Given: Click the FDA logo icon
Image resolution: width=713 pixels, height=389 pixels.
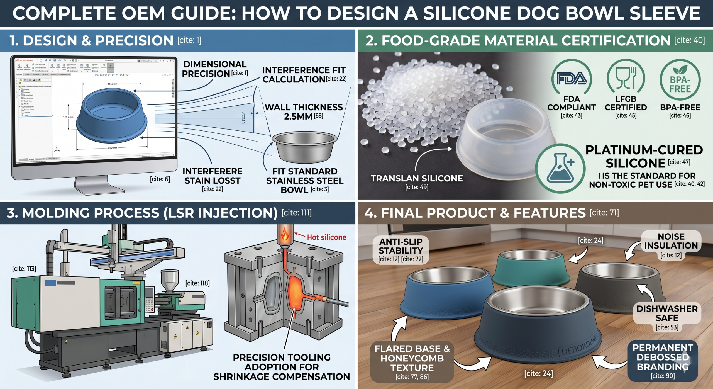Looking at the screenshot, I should click(x=572, y=78).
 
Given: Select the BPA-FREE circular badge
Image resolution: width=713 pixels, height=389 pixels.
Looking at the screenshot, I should click(x=680, y=80).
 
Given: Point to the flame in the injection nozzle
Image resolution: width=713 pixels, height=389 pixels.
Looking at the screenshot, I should click(x=285, y=234).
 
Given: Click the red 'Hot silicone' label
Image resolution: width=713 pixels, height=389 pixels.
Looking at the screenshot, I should click(x=326, y=237).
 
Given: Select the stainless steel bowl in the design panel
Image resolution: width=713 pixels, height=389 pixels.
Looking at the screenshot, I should click(x=304, y=146).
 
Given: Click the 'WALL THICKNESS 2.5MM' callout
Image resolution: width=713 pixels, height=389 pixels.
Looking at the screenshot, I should click(x=304, y=111).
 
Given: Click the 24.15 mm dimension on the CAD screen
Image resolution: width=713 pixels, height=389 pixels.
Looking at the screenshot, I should click(x=112, y=84).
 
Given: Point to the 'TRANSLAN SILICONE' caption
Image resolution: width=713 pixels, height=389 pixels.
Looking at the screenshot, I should click(x=417, y=178).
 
